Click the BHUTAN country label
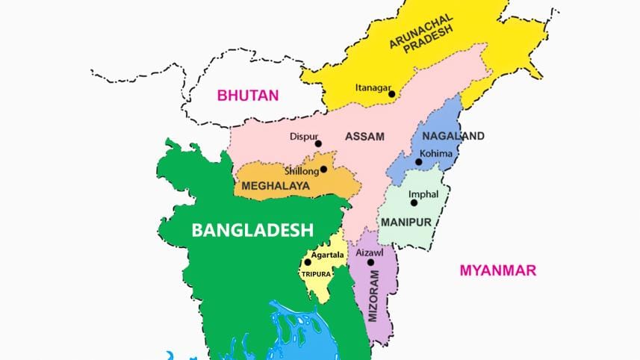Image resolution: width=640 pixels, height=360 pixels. pos(247,95)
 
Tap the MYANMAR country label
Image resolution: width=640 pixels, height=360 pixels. pos(497,270)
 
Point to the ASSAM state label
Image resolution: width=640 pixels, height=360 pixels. pos(364,137)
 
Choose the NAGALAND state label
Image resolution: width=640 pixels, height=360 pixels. pos(453,136)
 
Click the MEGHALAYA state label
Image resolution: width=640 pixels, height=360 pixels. pos(276,185)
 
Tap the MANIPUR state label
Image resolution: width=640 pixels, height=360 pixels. pos(403,223)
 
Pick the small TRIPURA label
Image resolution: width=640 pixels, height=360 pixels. pos(315,274)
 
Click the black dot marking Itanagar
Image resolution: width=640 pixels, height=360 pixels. pos(391,94)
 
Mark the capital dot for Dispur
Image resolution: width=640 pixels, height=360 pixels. pos(318,143)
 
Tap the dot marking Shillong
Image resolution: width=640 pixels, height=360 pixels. pos(323,170)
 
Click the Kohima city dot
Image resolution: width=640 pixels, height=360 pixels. pos(419,162)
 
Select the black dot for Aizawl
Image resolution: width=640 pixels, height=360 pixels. pos(370,262)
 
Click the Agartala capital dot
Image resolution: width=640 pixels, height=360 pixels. pos(308,262)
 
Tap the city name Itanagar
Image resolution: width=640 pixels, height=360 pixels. pos(373,87)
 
